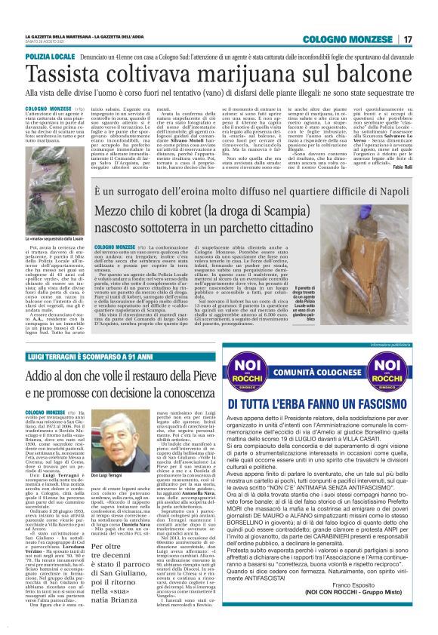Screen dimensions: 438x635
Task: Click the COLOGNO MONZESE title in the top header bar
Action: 345,39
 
